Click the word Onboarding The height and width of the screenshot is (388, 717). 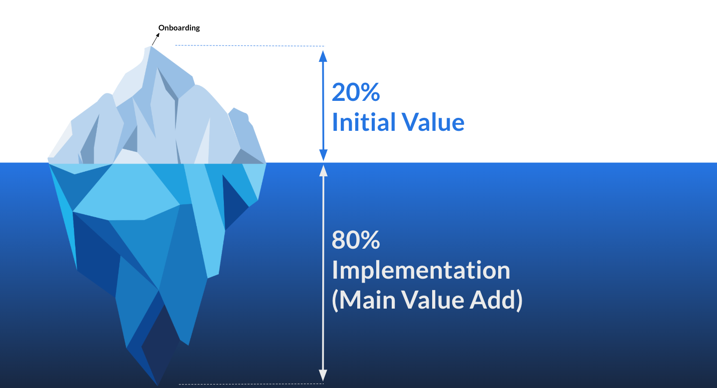point(179,28)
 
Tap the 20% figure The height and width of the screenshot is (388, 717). point(356,92)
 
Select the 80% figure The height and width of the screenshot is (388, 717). point(356,241)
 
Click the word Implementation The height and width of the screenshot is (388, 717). point(421,271)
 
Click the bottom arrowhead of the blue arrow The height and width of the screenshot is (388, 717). point(323,155)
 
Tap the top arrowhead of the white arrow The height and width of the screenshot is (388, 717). point(323,170)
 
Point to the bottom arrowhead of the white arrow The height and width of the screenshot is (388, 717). point(323,376)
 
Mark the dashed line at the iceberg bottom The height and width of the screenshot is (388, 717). point(250,384)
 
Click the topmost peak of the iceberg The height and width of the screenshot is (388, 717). point(151,47)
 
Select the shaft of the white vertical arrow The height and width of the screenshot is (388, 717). point(323,270)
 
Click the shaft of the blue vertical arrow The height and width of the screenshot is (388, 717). point(323,105)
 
